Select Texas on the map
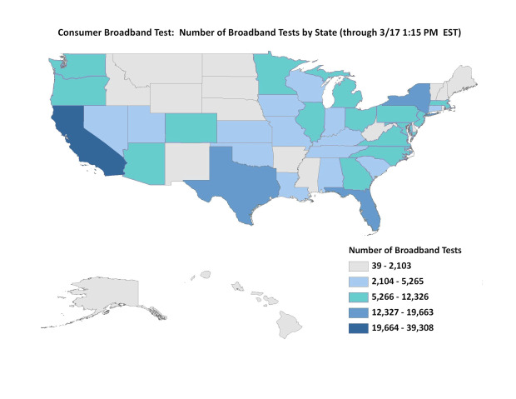238,183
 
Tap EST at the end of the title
450,34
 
